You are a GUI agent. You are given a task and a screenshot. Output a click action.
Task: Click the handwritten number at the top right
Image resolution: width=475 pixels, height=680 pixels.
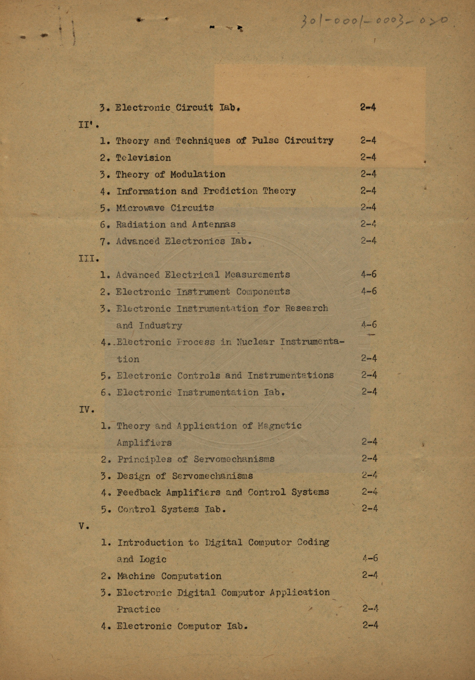(x=374, y=20)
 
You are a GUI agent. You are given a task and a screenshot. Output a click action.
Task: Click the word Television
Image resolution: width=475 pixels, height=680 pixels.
(x=143, y=158)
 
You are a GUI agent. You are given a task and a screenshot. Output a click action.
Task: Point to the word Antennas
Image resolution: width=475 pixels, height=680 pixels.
(x=214, y=224)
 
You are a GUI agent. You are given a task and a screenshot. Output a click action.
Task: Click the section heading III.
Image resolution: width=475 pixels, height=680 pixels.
(x=88, y=258)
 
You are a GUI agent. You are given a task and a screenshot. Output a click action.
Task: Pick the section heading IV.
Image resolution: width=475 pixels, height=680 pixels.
(x=86, y=410)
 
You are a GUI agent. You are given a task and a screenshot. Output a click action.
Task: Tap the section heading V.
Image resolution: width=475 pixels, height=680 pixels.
(x=84, y=526)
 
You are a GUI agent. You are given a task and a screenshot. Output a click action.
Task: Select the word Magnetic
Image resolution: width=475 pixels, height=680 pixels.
(x=280, y=426)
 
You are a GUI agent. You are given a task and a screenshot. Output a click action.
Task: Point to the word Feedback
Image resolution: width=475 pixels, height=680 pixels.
(x=139, y=493)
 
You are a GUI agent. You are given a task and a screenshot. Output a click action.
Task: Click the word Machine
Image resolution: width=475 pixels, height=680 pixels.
(x=136, y=576)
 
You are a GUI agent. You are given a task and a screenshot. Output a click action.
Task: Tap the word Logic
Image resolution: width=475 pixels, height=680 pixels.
(x=153, y=560)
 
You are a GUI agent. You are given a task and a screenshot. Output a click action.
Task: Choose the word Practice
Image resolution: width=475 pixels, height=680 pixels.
(x=139, y=610)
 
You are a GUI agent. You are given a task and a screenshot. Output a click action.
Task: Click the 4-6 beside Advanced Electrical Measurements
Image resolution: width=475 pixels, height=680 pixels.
(x=368, y=274)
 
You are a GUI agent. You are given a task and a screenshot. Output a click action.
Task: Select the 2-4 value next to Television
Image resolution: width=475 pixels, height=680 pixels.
(x=368, y=157)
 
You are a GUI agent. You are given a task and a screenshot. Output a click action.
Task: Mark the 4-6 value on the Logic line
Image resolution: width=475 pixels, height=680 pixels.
(x=370, y=559)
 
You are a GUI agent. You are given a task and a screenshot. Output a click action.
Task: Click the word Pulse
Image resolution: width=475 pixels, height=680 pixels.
(x=265, y=141)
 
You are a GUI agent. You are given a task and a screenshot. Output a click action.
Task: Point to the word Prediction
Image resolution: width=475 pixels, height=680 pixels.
(x=230, y=191)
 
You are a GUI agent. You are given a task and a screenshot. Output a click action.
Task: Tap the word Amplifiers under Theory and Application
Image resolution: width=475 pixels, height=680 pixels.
(x=144, y=443)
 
